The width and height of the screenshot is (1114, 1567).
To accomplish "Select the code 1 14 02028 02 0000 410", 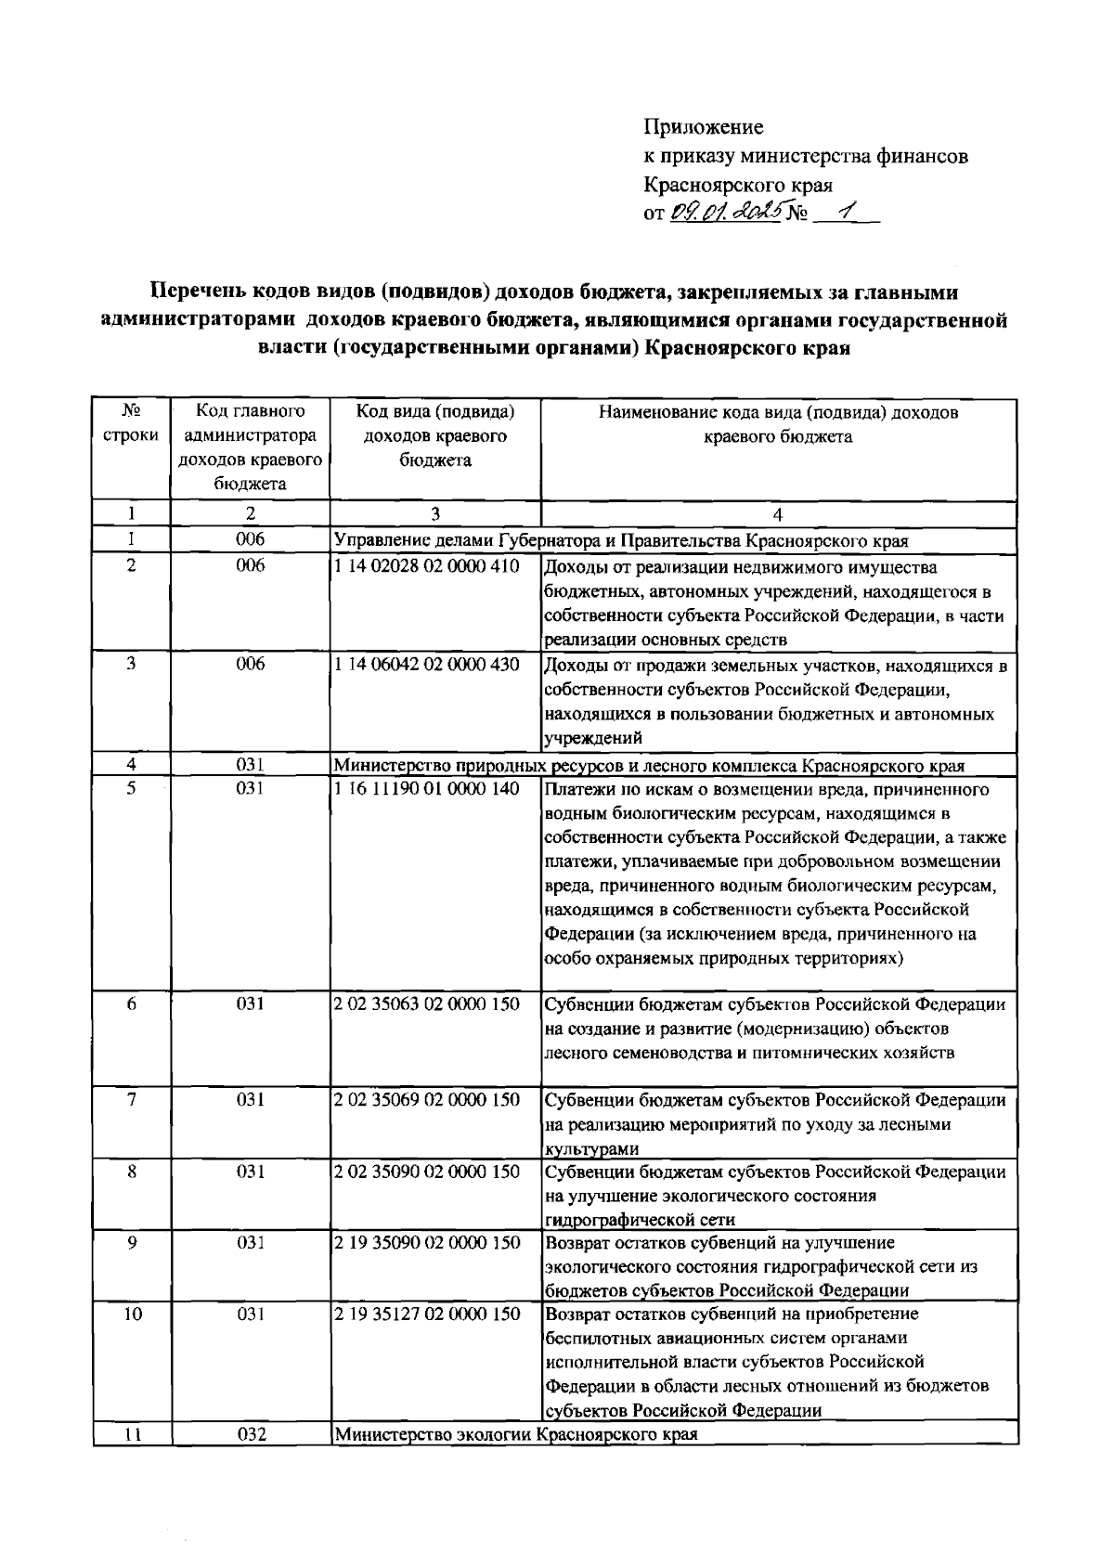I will pyautogui.click(x=426, y=565).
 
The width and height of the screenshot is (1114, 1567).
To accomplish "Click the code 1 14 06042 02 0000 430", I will pyautogui.click(x=426, y=665).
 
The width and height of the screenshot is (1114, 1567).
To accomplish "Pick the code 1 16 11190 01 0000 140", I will pyautogui.click(x=426, y=788).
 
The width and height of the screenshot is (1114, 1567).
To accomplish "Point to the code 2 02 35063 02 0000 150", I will pyautogui.click(x=426, y=1004).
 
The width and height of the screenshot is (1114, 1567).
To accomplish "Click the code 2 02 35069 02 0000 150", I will pyautogui.click(x=426, y=1100).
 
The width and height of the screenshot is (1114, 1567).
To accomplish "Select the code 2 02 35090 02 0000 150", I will pyautogui.click(x=426, y=1172).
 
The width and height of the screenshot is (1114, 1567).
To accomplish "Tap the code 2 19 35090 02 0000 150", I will pyautogui.click(x=426, y=1243).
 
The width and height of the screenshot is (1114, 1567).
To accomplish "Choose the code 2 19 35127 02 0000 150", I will pyautogui.click(x=426, y=1314).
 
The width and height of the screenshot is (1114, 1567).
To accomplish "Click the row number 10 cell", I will pyautogui.click(x=132, y=1314).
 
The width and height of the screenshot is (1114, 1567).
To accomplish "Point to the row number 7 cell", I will pyautogui.click(x=132, y=1100).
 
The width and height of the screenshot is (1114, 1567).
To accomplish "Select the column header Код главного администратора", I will pyautogui.click(x=251, y=447).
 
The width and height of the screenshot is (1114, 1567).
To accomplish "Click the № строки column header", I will pyautogui.click(x=132, y=423).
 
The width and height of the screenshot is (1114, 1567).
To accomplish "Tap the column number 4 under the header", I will pyautogui.click(x=778, y=513).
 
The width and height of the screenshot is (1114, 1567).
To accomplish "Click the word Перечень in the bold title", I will pyautogui.click(x=199, y=293).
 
